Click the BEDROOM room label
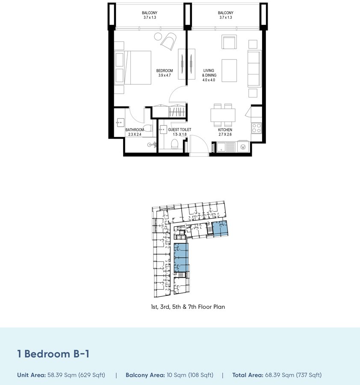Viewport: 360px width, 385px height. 165,71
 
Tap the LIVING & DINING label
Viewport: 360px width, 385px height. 209,73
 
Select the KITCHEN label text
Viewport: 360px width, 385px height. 225,130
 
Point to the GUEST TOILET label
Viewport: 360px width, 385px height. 180,130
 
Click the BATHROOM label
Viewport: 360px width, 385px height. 135,130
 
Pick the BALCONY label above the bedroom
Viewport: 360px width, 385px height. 150,13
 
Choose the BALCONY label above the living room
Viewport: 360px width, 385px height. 225,13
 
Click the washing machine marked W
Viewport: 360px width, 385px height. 243,147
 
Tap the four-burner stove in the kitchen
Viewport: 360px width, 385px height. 257,128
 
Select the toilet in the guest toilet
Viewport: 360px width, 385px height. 174,144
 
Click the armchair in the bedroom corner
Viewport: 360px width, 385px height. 168,41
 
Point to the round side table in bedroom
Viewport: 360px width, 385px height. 158,37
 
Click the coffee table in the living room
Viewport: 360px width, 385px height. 229,71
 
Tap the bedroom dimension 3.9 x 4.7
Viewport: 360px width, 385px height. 165,75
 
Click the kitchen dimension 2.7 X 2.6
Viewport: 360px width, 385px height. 225,134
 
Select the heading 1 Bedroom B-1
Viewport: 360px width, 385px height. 53,354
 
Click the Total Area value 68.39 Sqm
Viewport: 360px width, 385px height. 280,375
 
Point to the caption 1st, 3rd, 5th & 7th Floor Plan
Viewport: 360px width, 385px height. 188,307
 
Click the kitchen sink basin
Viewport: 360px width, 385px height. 221,147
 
